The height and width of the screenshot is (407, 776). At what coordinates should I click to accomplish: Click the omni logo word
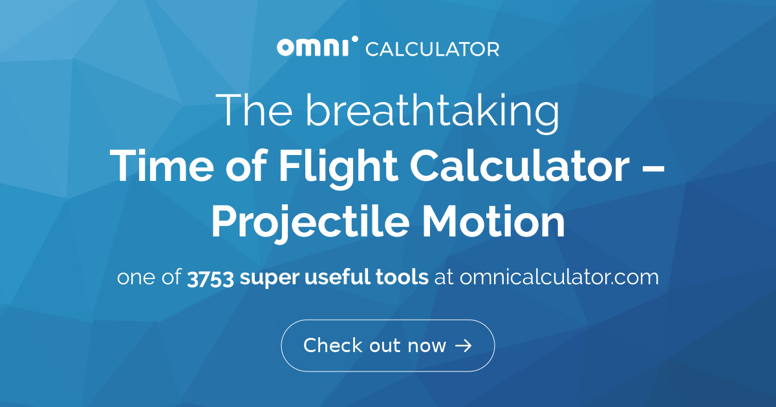(312, 47)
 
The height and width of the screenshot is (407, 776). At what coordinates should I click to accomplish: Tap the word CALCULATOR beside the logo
(433, 49)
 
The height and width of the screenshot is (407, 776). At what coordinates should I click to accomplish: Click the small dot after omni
(354, 39)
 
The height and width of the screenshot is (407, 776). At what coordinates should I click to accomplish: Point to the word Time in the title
(162, 165)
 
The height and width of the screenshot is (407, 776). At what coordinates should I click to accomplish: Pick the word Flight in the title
(338, 169)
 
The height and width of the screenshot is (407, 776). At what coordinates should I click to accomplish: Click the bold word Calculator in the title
(520, 165)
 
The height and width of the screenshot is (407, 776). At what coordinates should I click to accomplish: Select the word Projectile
(310, 224)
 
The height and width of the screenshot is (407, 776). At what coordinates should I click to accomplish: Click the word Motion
(493, 221)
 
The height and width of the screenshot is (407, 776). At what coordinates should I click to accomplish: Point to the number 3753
(210, 278)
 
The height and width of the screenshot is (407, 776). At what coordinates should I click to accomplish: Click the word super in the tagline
(270, 278)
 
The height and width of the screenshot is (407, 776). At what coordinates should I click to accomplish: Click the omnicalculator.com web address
(559, 277)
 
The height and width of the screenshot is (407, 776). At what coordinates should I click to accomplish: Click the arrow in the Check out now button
(463, 346)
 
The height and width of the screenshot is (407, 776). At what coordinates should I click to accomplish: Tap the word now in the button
(427, 347)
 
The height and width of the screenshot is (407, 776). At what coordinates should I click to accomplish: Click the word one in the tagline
(136, 278)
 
